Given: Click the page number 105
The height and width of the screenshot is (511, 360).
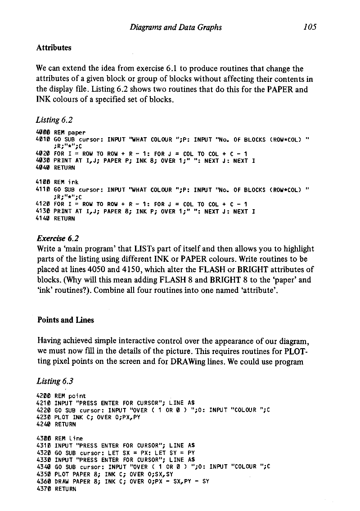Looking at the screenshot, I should click(x=309, y=27).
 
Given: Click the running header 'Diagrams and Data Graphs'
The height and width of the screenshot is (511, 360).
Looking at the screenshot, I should click(x=175, y=27).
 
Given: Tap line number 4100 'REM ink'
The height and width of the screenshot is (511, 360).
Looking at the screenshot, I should click(x=43, y=182).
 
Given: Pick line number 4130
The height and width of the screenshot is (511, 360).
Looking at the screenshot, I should click(x=43, y=211).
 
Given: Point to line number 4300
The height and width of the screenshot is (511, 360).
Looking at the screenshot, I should click(x=43, y=438).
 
